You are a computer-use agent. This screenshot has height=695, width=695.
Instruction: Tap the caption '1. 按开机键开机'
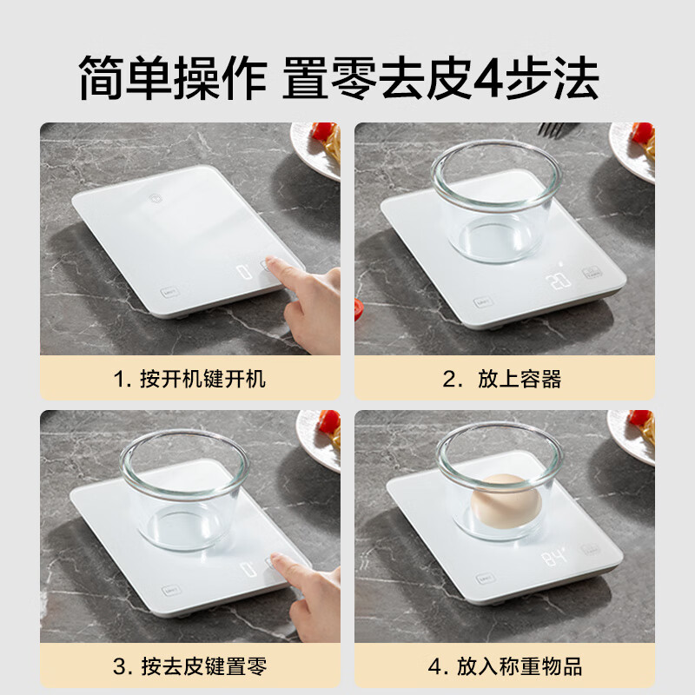click(x=189, y=379)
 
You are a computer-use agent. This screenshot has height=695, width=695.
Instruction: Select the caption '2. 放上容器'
click(x=503, y=379)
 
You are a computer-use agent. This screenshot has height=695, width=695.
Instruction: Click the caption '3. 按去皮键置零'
click(x=189, y=667)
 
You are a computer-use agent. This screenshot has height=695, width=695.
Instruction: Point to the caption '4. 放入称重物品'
click(x=503, y=667)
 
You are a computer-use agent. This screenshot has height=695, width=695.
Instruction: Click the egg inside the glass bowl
click(x=499, y=501)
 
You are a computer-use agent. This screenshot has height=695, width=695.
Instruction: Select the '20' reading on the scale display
click(x=556, y=281)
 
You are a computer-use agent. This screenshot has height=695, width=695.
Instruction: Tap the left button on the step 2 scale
click(x=480, y=303)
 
